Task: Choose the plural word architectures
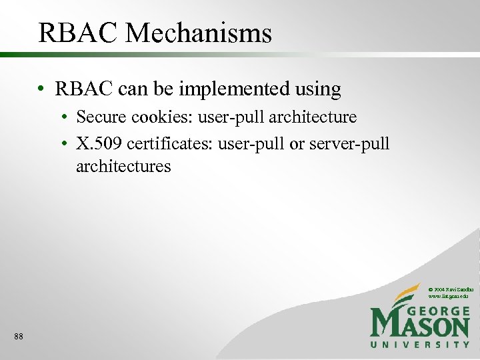coord(123,166)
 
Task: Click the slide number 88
coord(18,337)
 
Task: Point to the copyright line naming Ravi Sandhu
coord(450,288)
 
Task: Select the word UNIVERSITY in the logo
coord(420,345)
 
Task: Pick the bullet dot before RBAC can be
coord(42,89)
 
